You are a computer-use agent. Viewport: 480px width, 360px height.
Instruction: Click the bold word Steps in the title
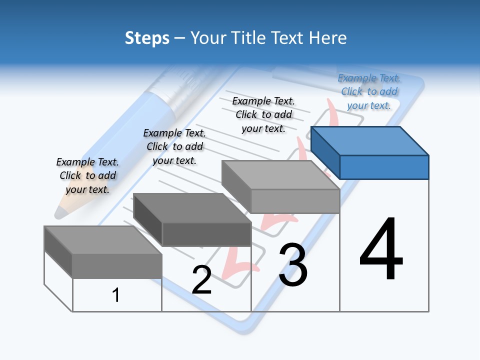click(x=147, y=38)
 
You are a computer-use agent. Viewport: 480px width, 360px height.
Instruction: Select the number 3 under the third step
click(x=293, y=265)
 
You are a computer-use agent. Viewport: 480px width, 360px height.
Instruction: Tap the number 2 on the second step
click(x=201, y=280)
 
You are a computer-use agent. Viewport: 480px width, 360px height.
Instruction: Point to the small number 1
click(x=116, y=295)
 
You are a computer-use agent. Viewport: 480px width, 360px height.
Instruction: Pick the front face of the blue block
click(x=384, y=167)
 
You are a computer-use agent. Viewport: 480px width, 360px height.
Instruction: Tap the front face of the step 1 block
click(x=117, y=266)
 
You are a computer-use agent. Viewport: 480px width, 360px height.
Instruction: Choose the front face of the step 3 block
click(x=295, y=201)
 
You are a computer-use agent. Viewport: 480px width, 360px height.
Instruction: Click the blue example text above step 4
click(x=369, y=92)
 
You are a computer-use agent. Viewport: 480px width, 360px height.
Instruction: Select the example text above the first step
click(x=87, y=175)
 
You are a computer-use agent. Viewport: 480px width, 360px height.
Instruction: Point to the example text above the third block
click(x=263, y=114)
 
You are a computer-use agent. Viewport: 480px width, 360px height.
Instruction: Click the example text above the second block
click(x=174, y=146)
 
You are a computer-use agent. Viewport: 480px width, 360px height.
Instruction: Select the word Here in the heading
click(x=328, y=38)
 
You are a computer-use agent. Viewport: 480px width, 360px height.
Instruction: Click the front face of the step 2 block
click(x=206, y=234)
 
